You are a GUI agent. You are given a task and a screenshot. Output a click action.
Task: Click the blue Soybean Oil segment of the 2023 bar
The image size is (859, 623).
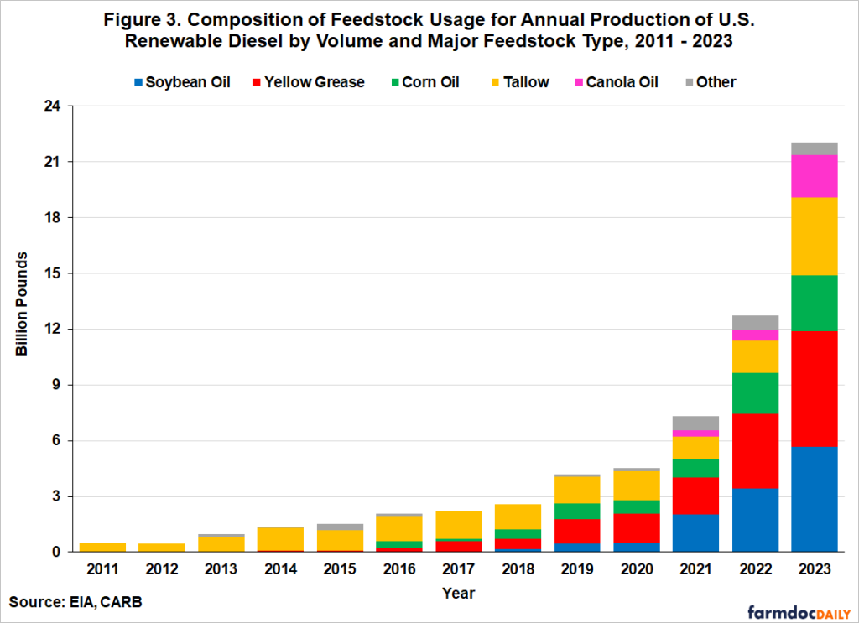(813, 499)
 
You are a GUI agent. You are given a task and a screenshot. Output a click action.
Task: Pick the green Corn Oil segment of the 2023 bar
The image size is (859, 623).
(813, 303)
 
